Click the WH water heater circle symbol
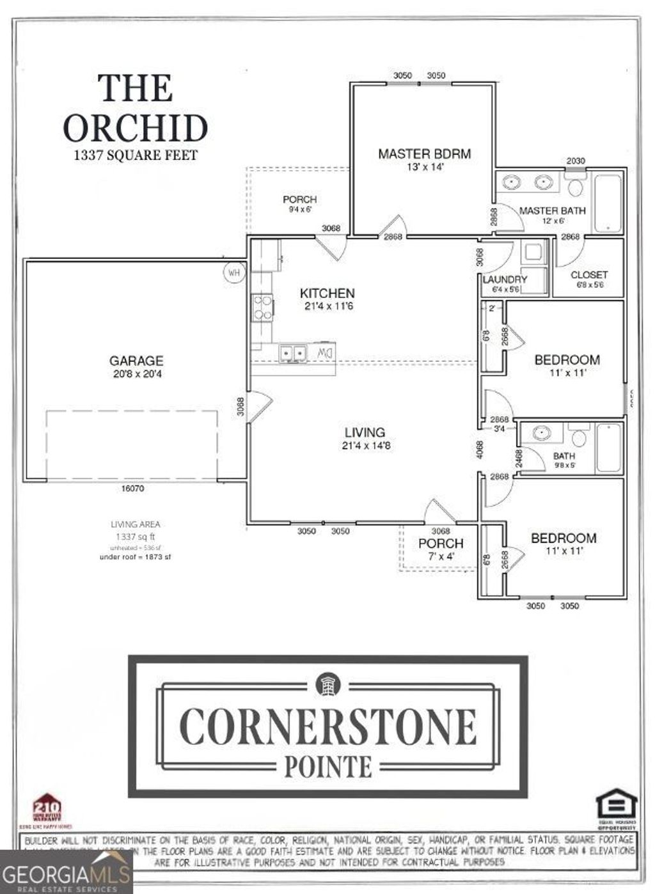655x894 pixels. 234,272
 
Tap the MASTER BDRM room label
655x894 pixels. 424,153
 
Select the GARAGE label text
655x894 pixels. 136,361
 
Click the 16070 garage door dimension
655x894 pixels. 133,489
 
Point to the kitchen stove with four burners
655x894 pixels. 262,306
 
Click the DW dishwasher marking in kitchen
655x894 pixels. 325,352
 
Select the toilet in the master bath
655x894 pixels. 576,187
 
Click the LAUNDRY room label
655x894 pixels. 505,279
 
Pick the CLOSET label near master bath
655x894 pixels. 588,275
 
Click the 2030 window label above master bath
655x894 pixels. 575,161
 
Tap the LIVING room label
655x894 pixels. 365,432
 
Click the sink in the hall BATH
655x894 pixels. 542,434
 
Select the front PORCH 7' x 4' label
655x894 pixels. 441,544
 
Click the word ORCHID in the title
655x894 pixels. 136,128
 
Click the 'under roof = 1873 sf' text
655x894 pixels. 135,557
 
